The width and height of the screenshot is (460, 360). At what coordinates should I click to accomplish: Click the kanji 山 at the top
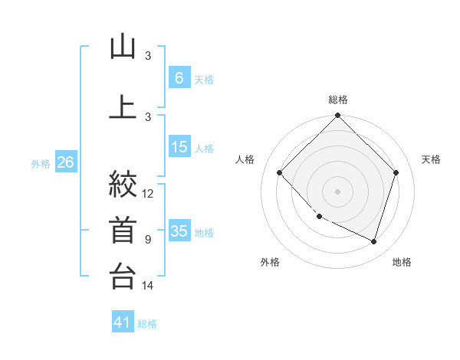(123, 47)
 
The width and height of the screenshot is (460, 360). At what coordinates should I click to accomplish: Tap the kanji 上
(123, 107)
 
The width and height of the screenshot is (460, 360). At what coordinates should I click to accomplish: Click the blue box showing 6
(179, 77)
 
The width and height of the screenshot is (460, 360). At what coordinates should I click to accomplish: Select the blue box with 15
(179, 147)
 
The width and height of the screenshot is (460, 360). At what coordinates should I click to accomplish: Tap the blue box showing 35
(179, 231)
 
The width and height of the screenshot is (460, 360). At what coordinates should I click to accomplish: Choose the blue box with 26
(65, 162)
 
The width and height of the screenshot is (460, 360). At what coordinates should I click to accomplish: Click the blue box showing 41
(123, 322)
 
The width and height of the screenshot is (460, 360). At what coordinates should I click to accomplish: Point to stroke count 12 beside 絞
(148, 194)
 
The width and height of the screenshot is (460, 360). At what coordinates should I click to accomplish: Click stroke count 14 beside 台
(148, 286)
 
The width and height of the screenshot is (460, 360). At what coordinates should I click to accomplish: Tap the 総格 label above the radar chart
(338, 100)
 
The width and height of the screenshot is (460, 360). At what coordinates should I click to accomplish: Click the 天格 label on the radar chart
(431, 159)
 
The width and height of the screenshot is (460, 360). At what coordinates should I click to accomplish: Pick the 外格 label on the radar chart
(270, 262)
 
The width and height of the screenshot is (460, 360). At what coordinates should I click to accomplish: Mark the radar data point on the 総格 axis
(338, 116)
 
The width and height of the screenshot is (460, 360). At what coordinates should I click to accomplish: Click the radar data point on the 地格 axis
(374, 241)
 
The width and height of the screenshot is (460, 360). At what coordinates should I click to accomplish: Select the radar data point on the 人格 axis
(280, 173)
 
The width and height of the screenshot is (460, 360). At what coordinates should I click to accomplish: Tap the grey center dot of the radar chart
(338, 191)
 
